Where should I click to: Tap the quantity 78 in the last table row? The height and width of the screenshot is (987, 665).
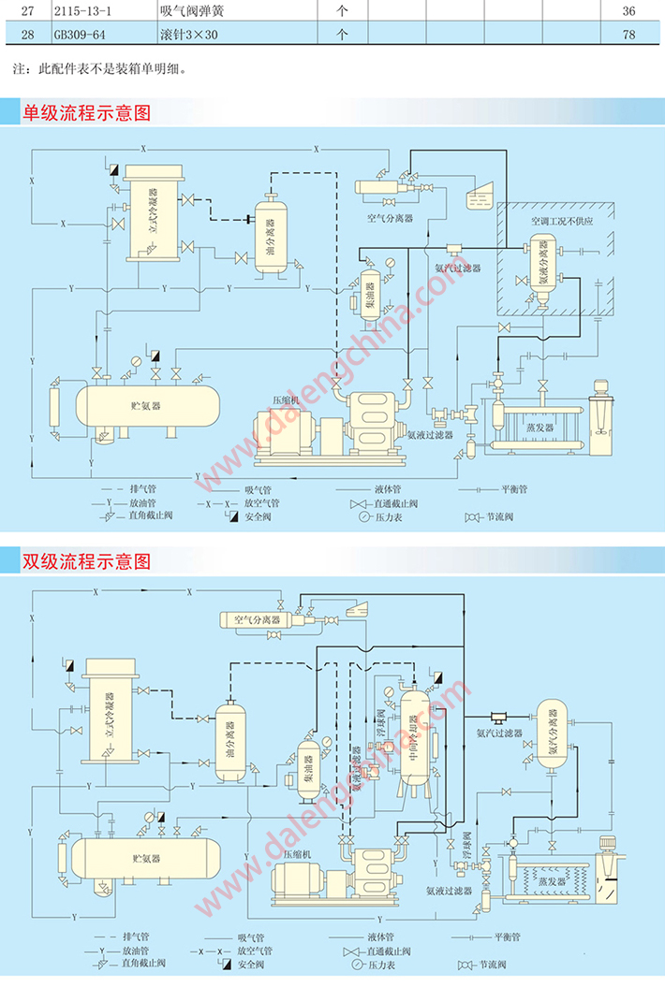pos(628,36)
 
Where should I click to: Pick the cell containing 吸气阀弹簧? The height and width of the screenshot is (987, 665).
pos(198,11)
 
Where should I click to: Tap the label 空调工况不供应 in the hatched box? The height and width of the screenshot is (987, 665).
pos(562,223)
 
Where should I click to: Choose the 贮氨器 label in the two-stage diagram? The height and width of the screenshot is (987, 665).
pos(145,856)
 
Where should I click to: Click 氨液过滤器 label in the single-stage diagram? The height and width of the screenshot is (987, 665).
pos(430,434)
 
